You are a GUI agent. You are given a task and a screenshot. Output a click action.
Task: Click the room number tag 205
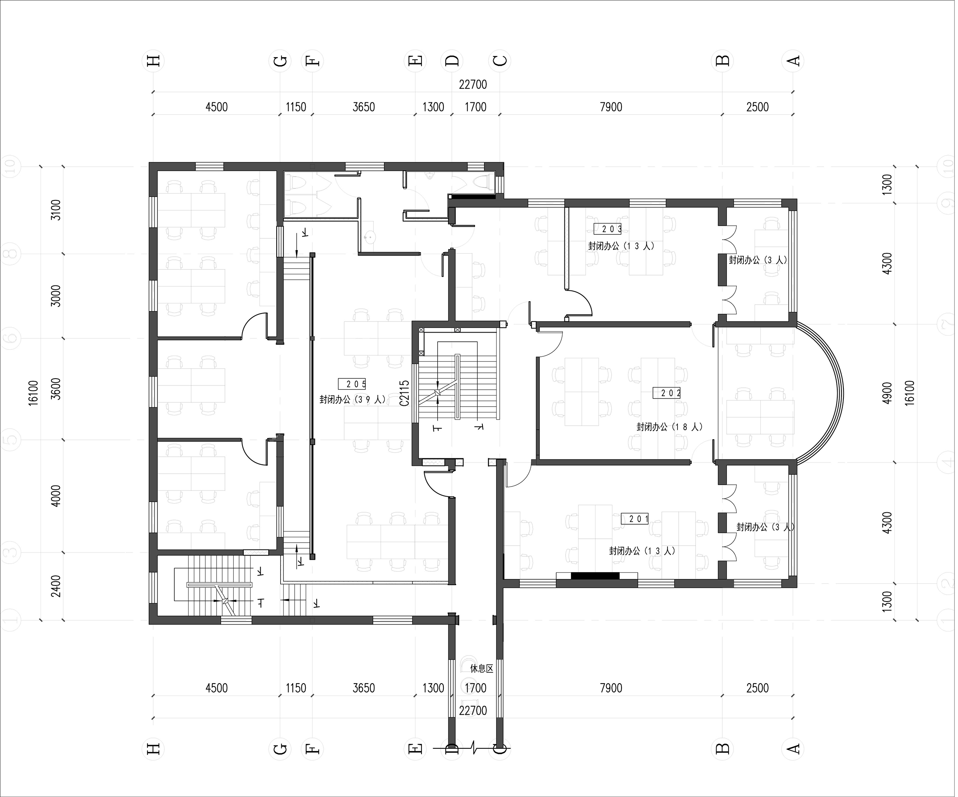352,384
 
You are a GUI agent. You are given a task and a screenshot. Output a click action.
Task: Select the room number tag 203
607,229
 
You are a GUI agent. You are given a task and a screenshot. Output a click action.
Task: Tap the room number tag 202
666,392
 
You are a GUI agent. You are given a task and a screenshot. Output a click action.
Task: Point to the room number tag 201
635,519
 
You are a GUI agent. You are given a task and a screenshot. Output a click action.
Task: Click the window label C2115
404,393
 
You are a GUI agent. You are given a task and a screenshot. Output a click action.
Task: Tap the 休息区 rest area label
482,669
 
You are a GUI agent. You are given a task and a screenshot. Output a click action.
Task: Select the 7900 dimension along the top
611,107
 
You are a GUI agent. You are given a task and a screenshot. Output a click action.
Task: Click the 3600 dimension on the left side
56,389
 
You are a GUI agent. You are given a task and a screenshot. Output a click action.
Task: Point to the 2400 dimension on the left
56,586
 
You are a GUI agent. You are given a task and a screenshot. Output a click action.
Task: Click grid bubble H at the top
153,61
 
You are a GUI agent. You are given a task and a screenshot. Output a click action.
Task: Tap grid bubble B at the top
723,61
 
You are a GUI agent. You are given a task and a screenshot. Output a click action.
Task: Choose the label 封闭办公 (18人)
669,427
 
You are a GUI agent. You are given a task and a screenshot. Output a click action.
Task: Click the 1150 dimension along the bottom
295,688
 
